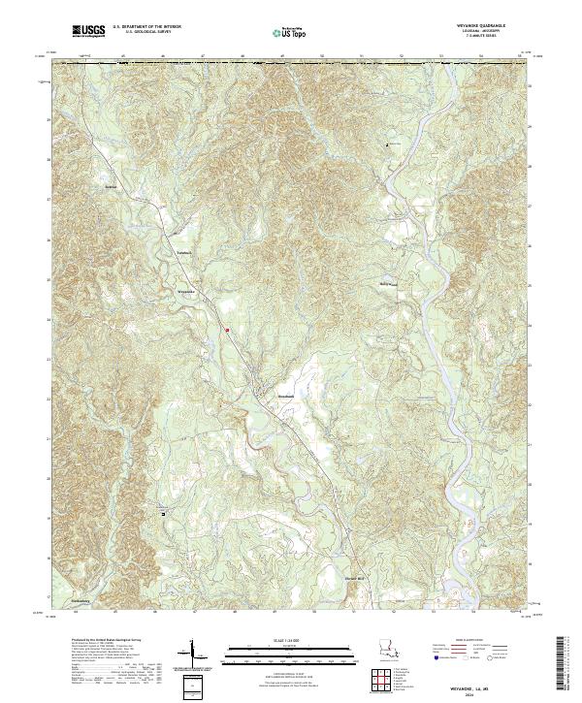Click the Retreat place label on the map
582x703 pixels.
click(x=110, y=186)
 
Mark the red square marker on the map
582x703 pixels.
click(x=227, y=331)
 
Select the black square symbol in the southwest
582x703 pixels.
click(x=163, y=513)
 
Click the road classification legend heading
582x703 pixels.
click(x=472, y=642)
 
